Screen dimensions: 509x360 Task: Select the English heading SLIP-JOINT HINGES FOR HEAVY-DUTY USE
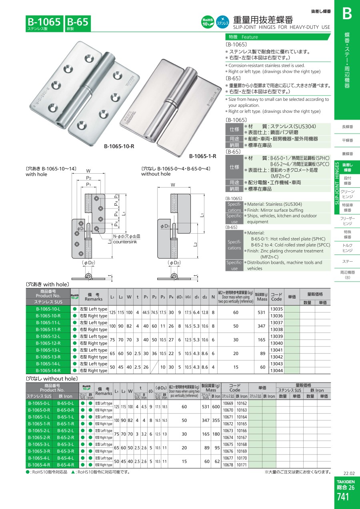[282, 27]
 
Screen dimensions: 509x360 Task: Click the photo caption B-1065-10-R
[119, 146]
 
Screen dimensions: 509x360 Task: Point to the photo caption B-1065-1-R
[203, 156]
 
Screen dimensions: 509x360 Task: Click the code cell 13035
[276, 309]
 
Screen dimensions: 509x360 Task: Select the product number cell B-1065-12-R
[48, 343]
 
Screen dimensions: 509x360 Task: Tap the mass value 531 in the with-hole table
[262, 313]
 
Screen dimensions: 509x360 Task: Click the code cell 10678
[228, 465]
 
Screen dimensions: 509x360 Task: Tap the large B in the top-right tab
[347, 14]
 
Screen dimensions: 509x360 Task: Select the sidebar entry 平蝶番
[347, 140]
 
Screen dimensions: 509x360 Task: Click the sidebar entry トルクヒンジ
[347, 248]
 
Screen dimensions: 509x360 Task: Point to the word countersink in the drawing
[125, 242]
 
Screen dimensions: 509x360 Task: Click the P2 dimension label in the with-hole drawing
[89, 178]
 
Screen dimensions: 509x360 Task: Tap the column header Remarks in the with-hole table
[94, 299]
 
